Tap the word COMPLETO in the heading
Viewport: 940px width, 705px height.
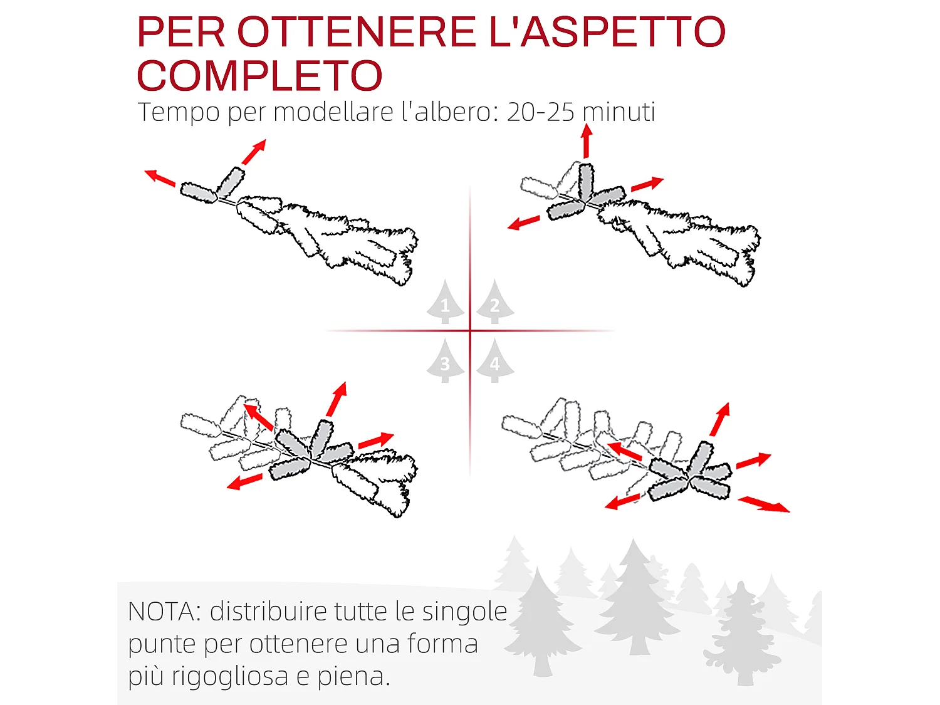[259, 76]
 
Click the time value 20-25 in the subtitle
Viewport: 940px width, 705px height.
[540, 112]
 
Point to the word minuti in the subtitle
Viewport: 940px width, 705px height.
[619, 112]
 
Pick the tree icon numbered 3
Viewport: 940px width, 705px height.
[446, 362]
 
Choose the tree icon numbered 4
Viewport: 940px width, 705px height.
[494, 362]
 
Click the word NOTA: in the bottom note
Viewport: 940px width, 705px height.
[164, 612]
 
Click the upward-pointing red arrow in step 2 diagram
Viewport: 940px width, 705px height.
[587, 141]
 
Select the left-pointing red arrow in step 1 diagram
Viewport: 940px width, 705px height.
[160, 178]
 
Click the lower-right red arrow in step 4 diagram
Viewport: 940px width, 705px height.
[764, 504]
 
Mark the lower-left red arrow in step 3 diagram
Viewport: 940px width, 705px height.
[244, 481]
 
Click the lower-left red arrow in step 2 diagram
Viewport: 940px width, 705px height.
[523, 222]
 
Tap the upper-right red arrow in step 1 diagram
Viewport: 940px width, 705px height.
[254, 152]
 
